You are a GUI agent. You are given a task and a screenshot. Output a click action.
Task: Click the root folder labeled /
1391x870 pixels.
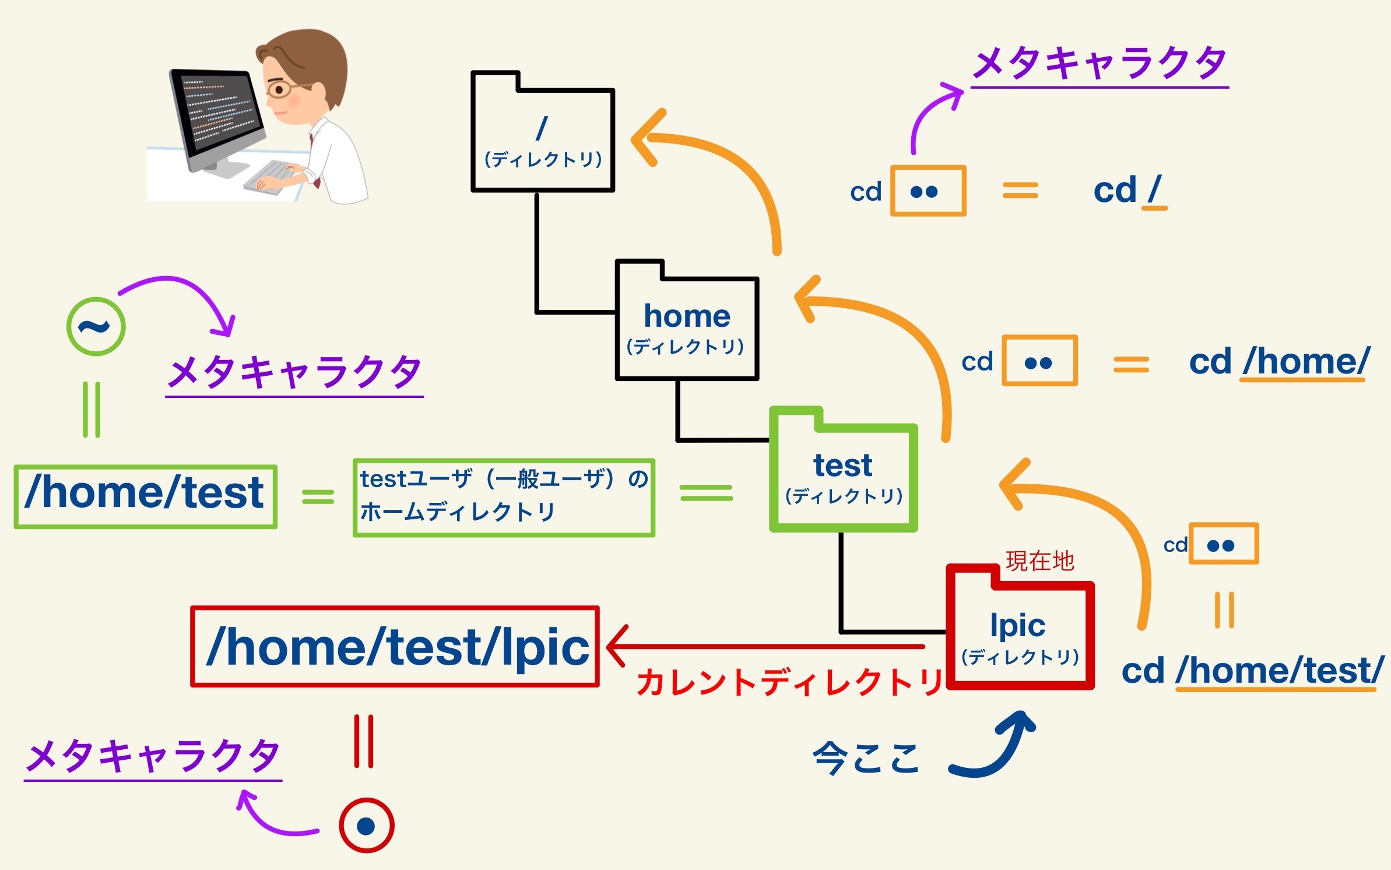point(543,140)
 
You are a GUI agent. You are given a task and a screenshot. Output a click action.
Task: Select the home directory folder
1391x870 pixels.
point(687,327)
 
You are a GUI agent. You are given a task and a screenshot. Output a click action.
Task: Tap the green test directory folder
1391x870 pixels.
point(843,476)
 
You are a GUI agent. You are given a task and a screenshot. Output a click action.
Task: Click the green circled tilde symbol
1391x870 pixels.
point(96,327)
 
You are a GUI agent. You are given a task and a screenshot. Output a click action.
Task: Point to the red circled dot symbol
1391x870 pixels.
point(366,826)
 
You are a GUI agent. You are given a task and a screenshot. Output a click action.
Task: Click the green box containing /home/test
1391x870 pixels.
point(145,497)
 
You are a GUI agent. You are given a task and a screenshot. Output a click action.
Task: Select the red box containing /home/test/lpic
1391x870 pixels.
point(395,647)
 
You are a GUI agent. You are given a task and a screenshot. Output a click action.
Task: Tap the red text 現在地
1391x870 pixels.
point(1039,561)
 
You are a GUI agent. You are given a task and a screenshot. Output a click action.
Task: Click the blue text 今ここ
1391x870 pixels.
point(866,758)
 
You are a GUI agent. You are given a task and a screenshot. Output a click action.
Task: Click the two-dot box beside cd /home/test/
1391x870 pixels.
point(1224,544)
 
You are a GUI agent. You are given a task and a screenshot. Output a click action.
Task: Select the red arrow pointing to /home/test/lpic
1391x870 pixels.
point(764,646)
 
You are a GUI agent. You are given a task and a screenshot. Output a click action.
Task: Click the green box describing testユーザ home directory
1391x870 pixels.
point(504,497)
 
